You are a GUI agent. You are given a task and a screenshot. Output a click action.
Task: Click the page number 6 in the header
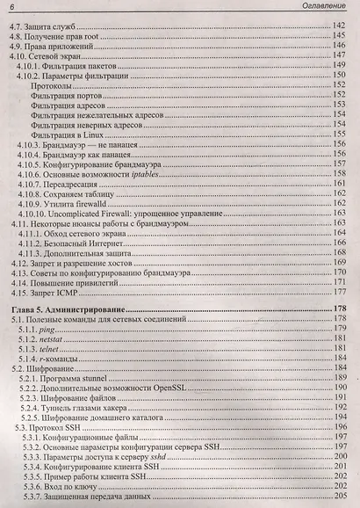(x=11, y=8)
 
